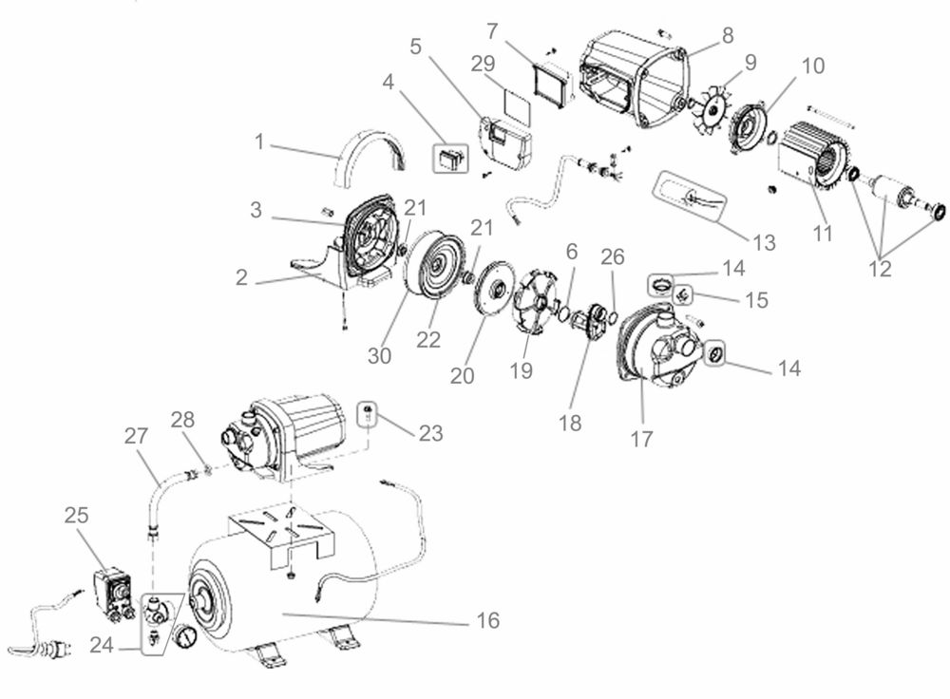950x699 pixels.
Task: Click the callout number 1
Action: [x=259, y=142]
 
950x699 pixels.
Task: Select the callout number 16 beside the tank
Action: [x=487, y=620]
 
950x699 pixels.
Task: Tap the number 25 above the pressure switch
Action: [x=77, y=515]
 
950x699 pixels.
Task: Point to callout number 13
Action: [x=764, y=242]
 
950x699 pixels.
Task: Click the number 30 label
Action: [x=379, y=355]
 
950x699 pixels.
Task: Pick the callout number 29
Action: [x=483, y=64]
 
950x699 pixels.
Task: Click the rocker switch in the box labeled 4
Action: [x=450, y=159]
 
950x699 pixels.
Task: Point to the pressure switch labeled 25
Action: [x=115, y=593]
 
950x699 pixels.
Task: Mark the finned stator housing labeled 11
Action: [x=808, y=153]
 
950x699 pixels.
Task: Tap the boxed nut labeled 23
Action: [x=368, y=414]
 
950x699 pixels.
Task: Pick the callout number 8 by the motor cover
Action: [x=727, y=35]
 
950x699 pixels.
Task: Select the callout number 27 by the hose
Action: [x=136, y=436]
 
